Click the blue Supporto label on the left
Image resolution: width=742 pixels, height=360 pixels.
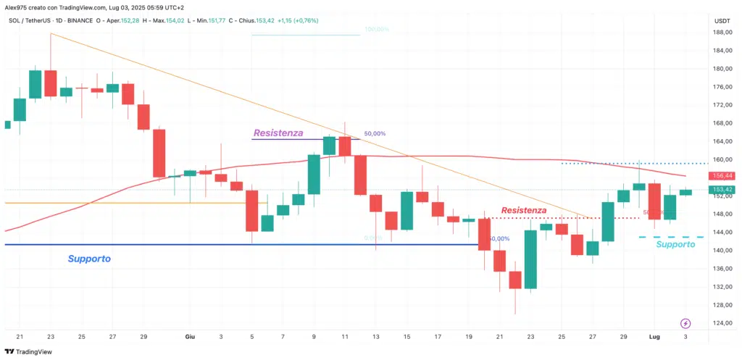(x=89, y=259)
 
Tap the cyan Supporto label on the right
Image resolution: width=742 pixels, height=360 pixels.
(x=675, y=245)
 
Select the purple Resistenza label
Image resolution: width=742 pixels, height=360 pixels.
(x=278, y=133)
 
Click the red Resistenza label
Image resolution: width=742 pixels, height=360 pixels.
(x=523, y=210)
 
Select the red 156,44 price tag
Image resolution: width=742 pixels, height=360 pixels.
(x=723, y=176)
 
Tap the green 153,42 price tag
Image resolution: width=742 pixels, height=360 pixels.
(x=723, y=190)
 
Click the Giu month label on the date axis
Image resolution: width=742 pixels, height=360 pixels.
(x=191, y=338)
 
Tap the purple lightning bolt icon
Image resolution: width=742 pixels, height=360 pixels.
(x=685, y=323)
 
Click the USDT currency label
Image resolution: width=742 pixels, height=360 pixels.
(x=722, y=20)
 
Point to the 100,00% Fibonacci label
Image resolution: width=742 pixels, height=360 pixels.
(x=377, y=30)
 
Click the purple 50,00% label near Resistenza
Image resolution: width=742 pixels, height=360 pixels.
(x=375, y=134)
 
